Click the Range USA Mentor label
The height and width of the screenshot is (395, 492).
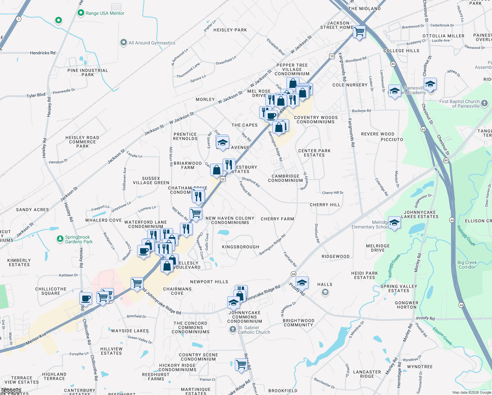tap(105, 13)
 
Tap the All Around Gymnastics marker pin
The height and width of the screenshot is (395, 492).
tap(124, 42)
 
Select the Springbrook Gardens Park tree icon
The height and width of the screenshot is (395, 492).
tap(60, 239)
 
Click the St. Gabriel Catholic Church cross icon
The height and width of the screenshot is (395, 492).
tap(233, 329)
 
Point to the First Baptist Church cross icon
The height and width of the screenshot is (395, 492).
tap(484, 103)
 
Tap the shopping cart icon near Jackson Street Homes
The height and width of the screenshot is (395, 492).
tap(359, 32)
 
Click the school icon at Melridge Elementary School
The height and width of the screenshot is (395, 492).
tap(394, 223)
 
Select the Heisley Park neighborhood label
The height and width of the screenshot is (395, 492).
tap(230, 30)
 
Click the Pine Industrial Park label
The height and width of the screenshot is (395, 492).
tap(87, 72)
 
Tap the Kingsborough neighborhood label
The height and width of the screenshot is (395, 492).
tap(240, 247)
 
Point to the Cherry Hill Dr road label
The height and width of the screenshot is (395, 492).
tap(332, 193)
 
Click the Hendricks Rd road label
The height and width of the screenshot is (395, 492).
tap(42, 53)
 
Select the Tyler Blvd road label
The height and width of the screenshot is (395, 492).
tap(36, 95)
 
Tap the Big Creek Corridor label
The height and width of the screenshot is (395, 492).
tap(467, 265)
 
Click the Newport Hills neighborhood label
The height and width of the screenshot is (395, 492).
tap(209, 282)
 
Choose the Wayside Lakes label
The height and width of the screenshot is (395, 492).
tap(130, 331)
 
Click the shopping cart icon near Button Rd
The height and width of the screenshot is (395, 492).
tap(241, 364)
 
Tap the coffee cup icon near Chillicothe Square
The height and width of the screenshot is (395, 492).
tap(86, 298)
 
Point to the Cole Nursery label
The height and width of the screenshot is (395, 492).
tap(350, 85)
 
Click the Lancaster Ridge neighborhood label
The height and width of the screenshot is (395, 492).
tap(367, 374)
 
